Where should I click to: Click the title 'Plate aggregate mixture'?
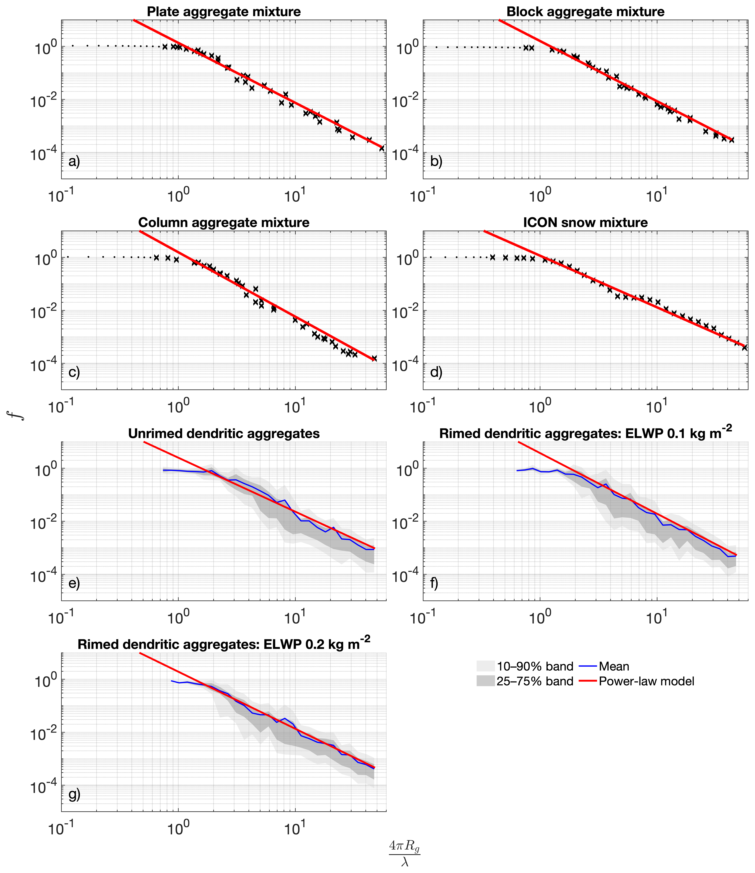tap(224, 12)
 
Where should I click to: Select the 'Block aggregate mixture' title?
tap(585, 12)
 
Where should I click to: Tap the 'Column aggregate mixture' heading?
tap(224, 223)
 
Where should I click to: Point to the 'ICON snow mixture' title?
tap(585, 223)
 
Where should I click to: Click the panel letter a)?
tap(74, 162)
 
